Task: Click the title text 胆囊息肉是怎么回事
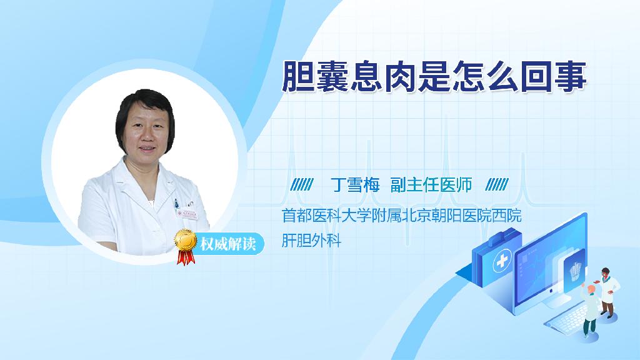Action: [x=434, y=77]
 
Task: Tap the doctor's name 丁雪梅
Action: [x=355, y=185]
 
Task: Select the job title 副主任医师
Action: [x=431, y=185]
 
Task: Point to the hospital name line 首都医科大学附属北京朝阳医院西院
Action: [x=402, y=216]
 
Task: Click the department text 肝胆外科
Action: [x=311, y=241]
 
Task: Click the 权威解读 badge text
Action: [x=227, y=244]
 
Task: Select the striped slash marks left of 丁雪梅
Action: [x=302, y=185]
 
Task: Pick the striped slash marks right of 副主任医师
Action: [x=497, y=185]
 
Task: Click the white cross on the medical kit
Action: [x=502, y=261]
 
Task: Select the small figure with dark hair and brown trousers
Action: [x=607, y=292]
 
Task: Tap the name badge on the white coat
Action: [x=186, y=214]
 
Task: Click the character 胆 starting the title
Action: [x=298, y=77]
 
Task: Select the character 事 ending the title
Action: [x=571, y=77]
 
